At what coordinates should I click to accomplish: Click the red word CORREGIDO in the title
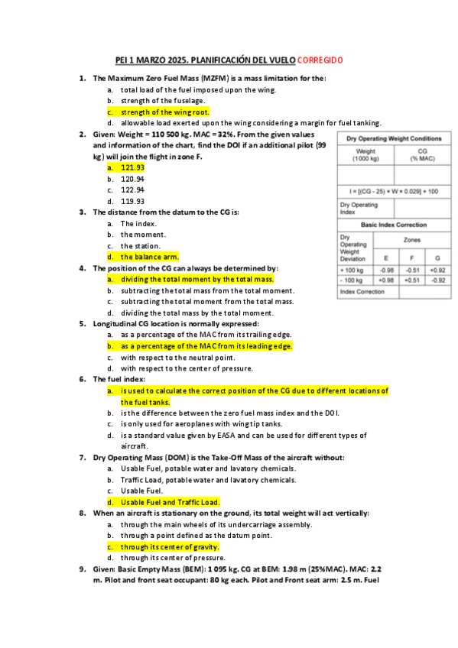pos(320,60)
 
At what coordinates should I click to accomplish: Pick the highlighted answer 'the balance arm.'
pos(149,257)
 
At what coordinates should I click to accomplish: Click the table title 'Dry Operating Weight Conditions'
pos(394,138)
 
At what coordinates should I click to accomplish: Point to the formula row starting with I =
pos(394,190)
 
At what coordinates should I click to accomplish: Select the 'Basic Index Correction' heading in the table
pos(394,225)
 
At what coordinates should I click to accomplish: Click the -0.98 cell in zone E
pos(386,270)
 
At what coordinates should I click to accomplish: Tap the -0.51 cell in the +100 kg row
pos(412,270)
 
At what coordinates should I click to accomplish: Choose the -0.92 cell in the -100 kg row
pos(438,280)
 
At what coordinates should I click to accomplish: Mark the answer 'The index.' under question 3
pos(138,223)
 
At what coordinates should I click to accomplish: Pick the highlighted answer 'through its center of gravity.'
pos(170,547)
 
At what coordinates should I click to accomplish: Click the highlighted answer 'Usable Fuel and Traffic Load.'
pos(170,502)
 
